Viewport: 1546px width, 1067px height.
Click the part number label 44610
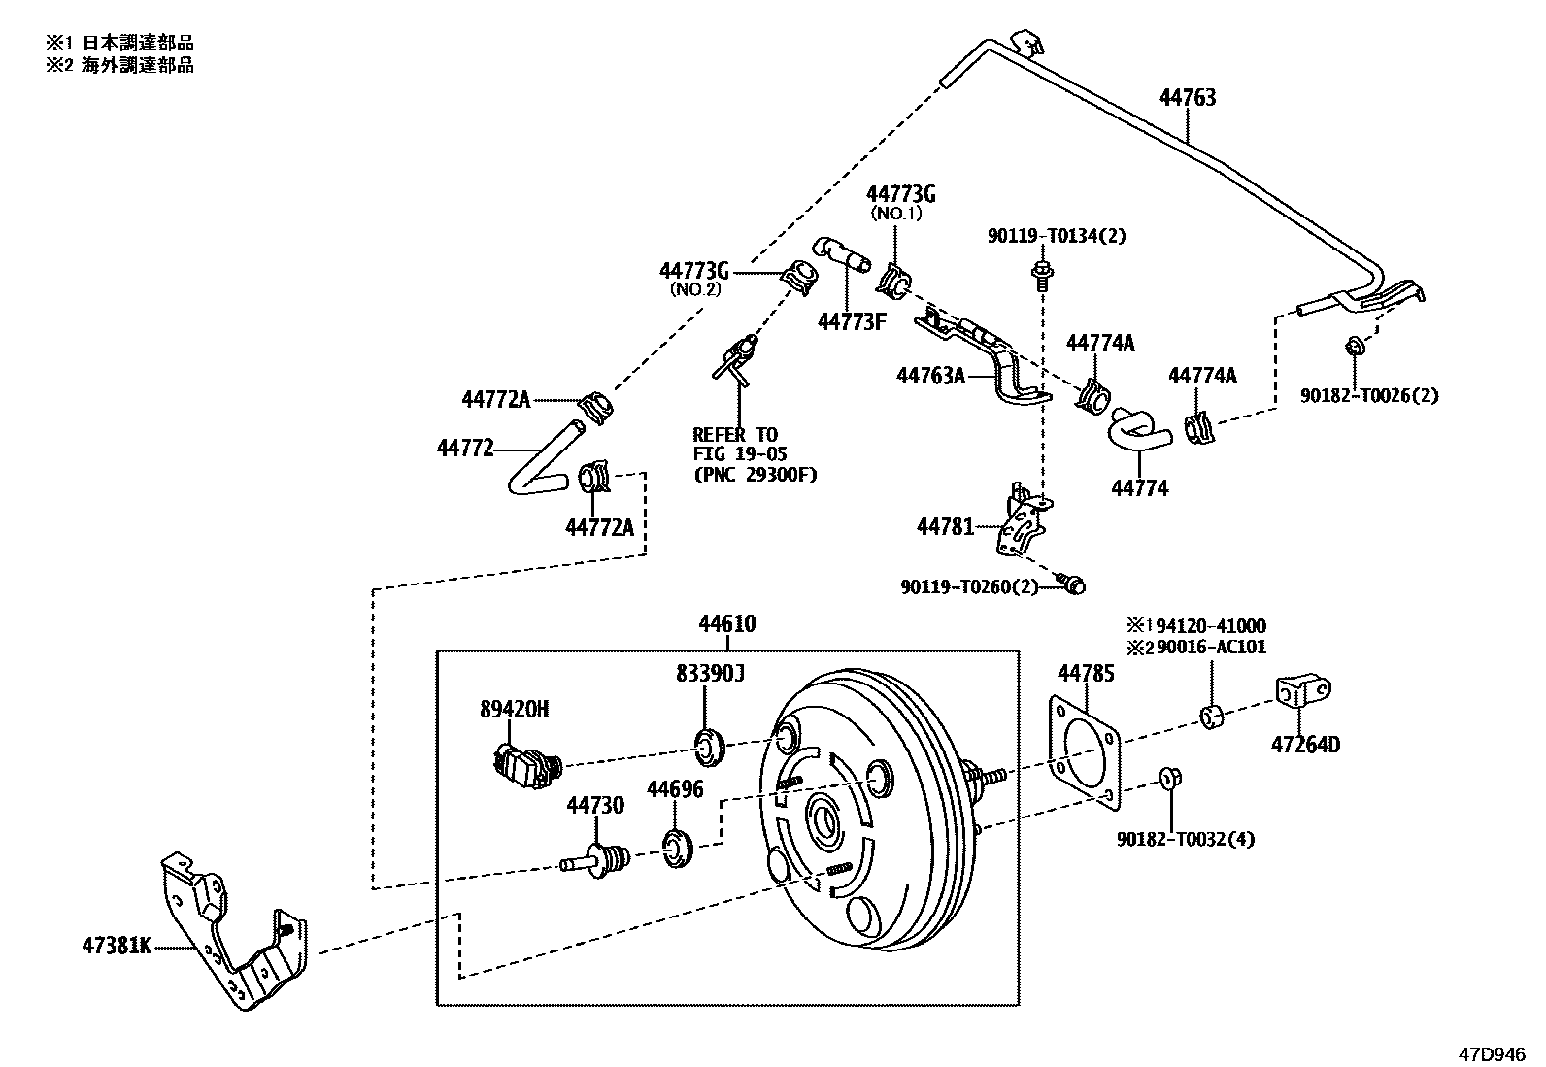(x=726, y=624)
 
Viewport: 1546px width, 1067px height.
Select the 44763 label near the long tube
(x=1187, y=98)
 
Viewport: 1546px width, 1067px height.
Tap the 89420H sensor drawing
(x=525, y=761)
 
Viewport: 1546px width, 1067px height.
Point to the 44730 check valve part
(x=598, y=859)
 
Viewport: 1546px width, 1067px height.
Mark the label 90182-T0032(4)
(x=1185, y=839)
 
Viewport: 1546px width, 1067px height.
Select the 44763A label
(x=929, y=375)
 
